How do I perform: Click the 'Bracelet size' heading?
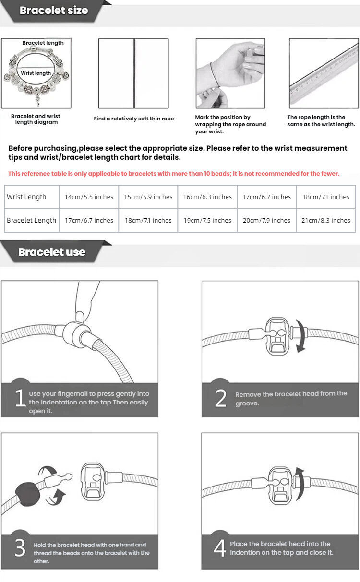coord(54,11)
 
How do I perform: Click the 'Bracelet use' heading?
coord(52,252)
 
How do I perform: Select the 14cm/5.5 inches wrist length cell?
coord(89,197)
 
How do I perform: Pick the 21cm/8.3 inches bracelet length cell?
coord(326,220)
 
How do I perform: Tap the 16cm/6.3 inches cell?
coord(207,197)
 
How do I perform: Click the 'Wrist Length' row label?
coord(27,197)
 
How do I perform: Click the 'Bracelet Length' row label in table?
coord(31,220)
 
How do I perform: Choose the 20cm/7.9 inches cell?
coord(266,220)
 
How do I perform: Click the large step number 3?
coord(19,548)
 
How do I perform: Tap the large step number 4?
coord(220,548)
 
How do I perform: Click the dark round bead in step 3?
coord(28,493)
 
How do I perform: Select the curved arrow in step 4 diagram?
coord(300,484)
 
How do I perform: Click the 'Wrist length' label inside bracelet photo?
coord(36,73)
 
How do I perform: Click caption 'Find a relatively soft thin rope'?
coord(133,119)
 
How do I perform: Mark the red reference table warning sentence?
coord(174,173)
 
